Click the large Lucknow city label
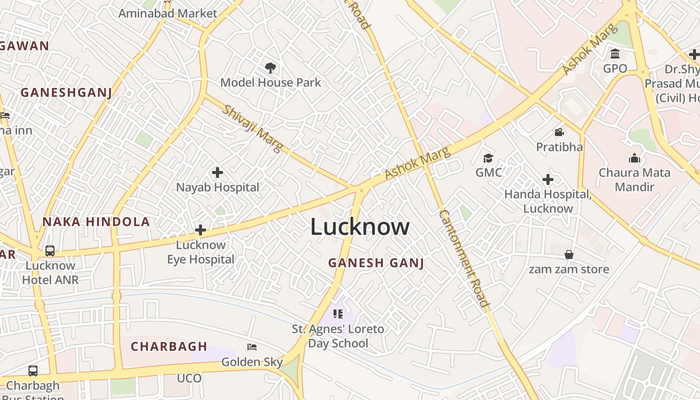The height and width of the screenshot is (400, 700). (360, 227)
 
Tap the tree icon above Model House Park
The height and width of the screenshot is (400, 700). (270, 67)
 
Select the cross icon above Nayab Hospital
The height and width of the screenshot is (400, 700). (217, 172)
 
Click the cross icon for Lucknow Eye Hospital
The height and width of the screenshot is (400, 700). (200, 230)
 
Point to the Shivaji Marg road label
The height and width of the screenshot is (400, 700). (252, 128)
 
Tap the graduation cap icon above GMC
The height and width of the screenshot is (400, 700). (488, 158)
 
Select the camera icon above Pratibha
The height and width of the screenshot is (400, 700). (559, 132)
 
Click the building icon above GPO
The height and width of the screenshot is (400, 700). (615, 53)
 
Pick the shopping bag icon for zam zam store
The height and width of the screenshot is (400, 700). (569, 254)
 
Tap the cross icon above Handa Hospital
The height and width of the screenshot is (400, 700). (548, 179)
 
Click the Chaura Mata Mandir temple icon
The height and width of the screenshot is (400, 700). (634, 158)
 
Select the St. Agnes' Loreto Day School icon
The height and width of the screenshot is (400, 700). (338, 314)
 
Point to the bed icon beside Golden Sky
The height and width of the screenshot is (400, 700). (252, 346)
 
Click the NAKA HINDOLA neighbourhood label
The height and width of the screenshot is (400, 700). (96, 222)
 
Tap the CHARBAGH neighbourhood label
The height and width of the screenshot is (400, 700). (169, 346)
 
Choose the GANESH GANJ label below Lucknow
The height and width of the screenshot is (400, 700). (376, 262)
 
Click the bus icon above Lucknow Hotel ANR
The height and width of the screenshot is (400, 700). (50, 250)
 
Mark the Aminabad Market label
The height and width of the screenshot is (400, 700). (167, 13)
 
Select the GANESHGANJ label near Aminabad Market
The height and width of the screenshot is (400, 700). (66, 92)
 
